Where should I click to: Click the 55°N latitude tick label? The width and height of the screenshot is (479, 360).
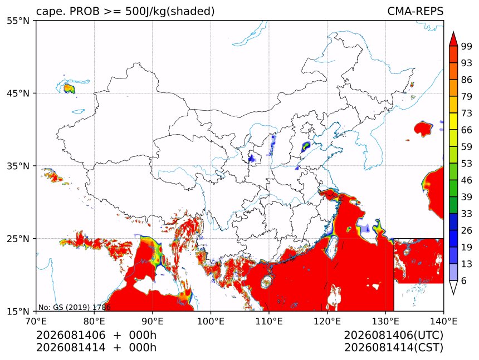click(x=18, y=21)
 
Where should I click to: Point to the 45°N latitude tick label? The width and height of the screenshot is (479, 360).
click(x=18, y=93)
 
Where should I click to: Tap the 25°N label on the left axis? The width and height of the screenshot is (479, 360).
click(x=18, y=239)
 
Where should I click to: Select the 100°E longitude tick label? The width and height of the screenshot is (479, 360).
click(x=211, y=321)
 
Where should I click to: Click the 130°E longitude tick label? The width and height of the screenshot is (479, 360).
click(x=385, y=321)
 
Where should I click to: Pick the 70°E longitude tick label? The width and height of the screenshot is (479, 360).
click(x=36, y=321)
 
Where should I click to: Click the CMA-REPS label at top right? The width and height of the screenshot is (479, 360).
click(x=415, y=11)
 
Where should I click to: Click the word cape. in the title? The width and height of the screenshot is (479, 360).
click(x=50, y=12)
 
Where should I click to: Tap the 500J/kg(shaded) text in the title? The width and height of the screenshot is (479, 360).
click(x=170, y=12)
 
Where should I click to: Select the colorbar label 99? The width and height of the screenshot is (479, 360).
click(x=467, y=46)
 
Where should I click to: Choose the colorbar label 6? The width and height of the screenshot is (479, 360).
click(x=464, y=280)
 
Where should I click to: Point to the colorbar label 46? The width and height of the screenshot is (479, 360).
click(x=467, y=180)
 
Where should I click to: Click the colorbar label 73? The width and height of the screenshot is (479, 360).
click(x=467, y=114)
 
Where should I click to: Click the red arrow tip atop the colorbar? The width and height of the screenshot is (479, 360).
click(x=453, y=32)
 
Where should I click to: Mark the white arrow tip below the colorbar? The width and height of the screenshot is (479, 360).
click(x=453, y=294)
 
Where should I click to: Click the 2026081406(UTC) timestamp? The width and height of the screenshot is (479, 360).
click(x=393, y=335)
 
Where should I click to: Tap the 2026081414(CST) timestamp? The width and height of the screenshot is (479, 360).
click(x=393, y=348)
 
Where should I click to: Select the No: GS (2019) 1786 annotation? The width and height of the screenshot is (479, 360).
click(x=74, y=307)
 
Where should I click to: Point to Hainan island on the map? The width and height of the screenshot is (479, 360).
click(x=267, y=282)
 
